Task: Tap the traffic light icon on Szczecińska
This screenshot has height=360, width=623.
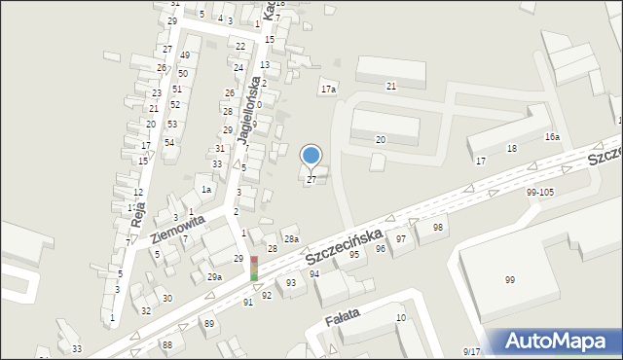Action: pyautogui.click(x=254, y=270)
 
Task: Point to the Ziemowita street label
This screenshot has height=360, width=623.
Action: pyautogui.click(x=177, y=233)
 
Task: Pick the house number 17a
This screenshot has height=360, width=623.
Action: pyautogui.click(x=329, y=90)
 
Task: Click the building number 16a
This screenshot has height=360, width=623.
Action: pyautogui.click(x=552, y=137)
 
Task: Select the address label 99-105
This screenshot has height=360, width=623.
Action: pyautogui.click(x=539, y=193)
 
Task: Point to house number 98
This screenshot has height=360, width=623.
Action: pyautogui.click(x=438, y=227)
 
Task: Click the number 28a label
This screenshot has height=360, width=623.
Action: pyautogui.click(x=290, y=238)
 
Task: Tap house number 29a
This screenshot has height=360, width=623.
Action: pyautogui.click(x=214, y=277)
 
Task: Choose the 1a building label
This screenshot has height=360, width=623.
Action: pyautogui.click(x=205, y=190)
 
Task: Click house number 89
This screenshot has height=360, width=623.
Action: pyautogui.click(x=208, y=323)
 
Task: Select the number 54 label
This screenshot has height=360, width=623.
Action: pyautogui.click(x=169, y=143)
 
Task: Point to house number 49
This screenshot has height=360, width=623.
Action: pyautogui.click(x=184, y=55)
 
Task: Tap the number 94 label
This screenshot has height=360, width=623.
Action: pyautogui.click(x=314, y=274)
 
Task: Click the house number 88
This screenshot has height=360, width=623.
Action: pyautogui.click(x=167, y=344)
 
